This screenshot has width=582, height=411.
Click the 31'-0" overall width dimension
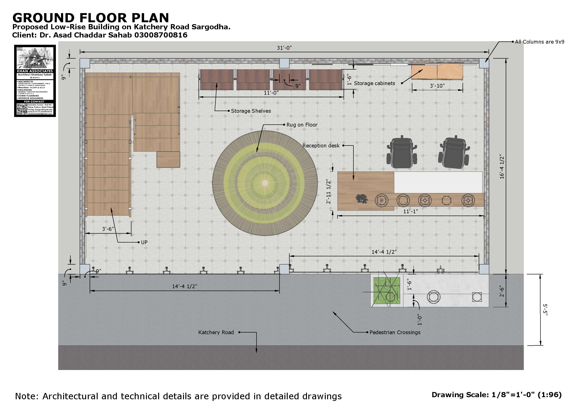[284, 48]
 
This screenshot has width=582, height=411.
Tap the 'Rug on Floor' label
[302, 125]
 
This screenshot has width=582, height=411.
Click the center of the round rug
[265, 183]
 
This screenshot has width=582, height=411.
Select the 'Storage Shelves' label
[251, 111]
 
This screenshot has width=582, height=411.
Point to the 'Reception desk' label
[321, 146]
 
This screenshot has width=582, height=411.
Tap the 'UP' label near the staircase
[144, 243]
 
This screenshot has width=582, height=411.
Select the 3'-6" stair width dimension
[108, 229]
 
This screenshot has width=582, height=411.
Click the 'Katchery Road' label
[216, 333]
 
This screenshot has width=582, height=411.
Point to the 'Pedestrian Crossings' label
[395, 333]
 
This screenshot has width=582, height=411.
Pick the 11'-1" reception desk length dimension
[410, 212]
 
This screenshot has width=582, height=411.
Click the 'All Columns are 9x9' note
[540, 42]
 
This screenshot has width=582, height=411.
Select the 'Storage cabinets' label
[374, 83]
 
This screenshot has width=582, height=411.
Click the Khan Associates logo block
[35, 81]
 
